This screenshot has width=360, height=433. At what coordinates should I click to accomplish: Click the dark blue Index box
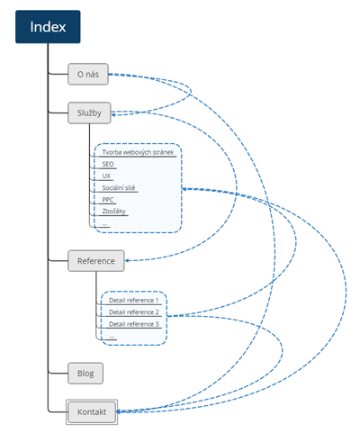coord(48,27)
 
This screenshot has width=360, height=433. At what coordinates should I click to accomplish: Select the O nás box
coord(88,74)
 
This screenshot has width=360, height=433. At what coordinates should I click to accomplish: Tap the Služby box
coord(89,113)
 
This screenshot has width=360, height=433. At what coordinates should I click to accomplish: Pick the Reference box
coord(96,261)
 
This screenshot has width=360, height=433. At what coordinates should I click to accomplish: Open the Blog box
coord(85,374)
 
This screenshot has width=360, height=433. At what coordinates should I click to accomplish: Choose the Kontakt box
coord(92,411)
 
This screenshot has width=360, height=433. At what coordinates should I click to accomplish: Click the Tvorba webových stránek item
coord(138,152)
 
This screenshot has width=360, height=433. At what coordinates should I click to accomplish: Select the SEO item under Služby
coord(108,164)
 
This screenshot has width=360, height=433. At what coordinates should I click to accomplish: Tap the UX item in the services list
coord(106,176)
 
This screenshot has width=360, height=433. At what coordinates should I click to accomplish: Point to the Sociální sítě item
coord(119,188)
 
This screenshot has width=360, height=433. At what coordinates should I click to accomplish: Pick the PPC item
coord(108,200)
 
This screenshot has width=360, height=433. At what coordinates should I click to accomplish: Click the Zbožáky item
coord(113,212)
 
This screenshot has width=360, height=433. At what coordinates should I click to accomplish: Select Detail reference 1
coord(133,300)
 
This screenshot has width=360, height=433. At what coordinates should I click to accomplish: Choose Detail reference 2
coord(134,312)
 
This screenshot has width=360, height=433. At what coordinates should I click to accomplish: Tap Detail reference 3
coord(134,324)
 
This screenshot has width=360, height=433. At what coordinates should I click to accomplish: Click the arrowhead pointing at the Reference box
coord(127,260)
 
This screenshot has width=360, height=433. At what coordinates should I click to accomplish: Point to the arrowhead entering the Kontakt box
coord(119,411)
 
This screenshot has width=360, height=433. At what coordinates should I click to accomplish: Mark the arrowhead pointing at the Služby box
coord(113,113)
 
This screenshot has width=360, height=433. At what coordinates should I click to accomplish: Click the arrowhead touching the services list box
coord(184,189)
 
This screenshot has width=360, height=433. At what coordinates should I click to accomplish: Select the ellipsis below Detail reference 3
coord(112,338)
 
